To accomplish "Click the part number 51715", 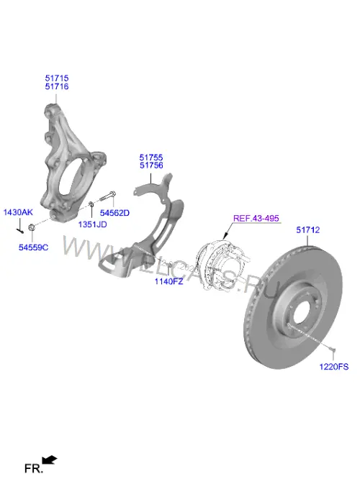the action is click(57, 78).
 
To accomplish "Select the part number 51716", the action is click(57, 86).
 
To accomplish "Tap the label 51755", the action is click(151, 158).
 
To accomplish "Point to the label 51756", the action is click(151, 165).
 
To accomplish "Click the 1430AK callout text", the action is click(18, 212).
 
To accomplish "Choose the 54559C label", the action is click(33, 247).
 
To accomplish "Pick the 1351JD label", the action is click(92, 224).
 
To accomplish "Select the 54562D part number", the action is click(114, 213).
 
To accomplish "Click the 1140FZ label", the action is click(168, 281).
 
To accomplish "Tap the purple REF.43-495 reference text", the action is click(256, 218).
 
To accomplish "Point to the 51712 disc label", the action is click(308, 230).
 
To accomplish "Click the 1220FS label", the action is click(334, 367).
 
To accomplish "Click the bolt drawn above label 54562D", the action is click(108, 196).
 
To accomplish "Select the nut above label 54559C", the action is click(31, 227).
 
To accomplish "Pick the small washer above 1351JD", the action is click(91, 204).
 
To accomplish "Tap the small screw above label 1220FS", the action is click(333, 349).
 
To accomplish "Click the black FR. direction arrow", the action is click(49, 460).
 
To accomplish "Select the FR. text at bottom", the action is click(34, 469).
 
